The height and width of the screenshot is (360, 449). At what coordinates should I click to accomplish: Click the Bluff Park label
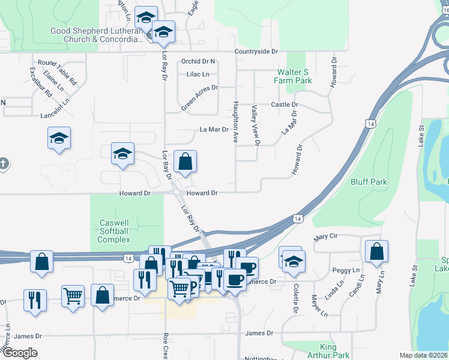(x=369, y=182)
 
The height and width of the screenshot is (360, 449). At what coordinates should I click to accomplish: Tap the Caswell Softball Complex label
(x=113, y=231)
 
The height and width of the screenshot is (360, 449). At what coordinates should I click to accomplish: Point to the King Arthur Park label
(x=335, y=351)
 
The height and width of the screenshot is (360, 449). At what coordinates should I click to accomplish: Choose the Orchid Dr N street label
(x=197, y=61)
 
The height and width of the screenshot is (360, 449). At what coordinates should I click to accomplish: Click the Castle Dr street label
(x=285, y=104)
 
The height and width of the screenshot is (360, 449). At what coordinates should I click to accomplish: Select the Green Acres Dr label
(x=199, y=98)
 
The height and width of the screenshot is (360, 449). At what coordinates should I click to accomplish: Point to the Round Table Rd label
(x=58, y=71)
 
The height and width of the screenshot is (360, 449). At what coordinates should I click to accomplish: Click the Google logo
(x=19, y=352)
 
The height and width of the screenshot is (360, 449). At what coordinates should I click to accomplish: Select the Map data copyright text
(x=423, y=355)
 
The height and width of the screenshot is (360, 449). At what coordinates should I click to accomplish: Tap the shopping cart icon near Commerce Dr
(x=73, y=295)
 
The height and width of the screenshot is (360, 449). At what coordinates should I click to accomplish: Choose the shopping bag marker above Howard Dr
(x=185, y=161)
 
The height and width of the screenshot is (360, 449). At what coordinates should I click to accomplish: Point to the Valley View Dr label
(x=255, y=125)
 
